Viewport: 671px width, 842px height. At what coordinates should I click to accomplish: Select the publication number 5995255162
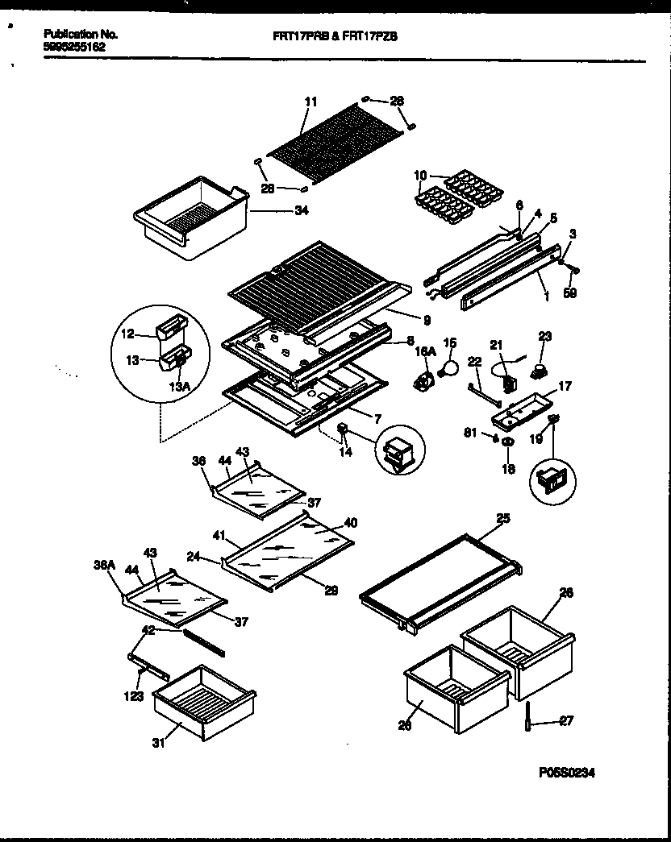(x=73, y=47)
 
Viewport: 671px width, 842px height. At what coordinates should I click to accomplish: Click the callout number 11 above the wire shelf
(x=311, y=102)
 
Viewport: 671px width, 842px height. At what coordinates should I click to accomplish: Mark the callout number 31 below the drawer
(x=158, y=744)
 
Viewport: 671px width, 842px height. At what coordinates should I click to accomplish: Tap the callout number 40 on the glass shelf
(x=348, y=522)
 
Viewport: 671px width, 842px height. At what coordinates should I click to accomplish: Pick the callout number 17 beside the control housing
(x=565, y=387)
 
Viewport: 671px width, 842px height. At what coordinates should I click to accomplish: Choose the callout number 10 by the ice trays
(x=419, y=175)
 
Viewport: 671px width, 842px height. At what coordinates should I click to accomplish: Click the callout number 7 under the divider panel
(x=377, y=418)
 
